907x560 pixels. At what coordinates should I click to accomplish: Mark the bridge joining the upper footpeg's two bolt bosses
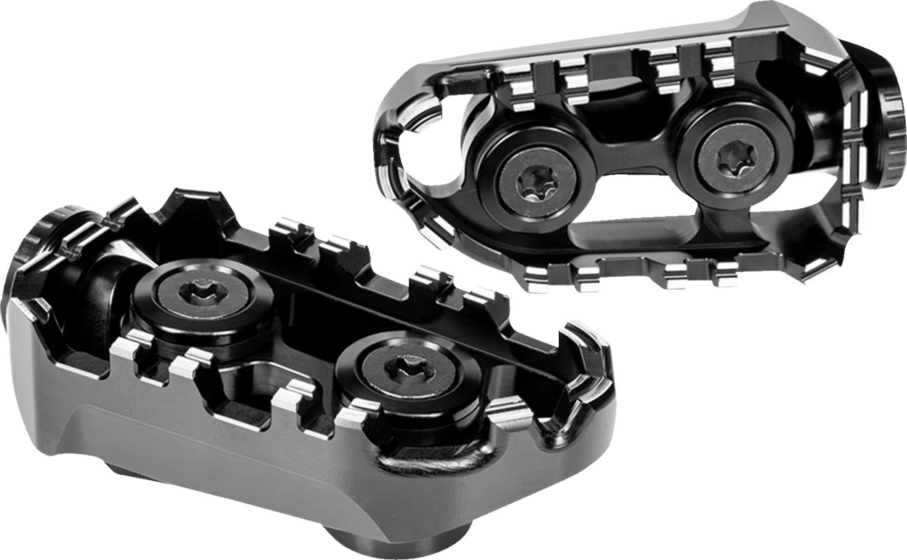pos(635,168)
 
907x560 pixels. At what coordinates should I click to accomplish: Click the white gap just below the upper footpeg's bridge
pos(631,209)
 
